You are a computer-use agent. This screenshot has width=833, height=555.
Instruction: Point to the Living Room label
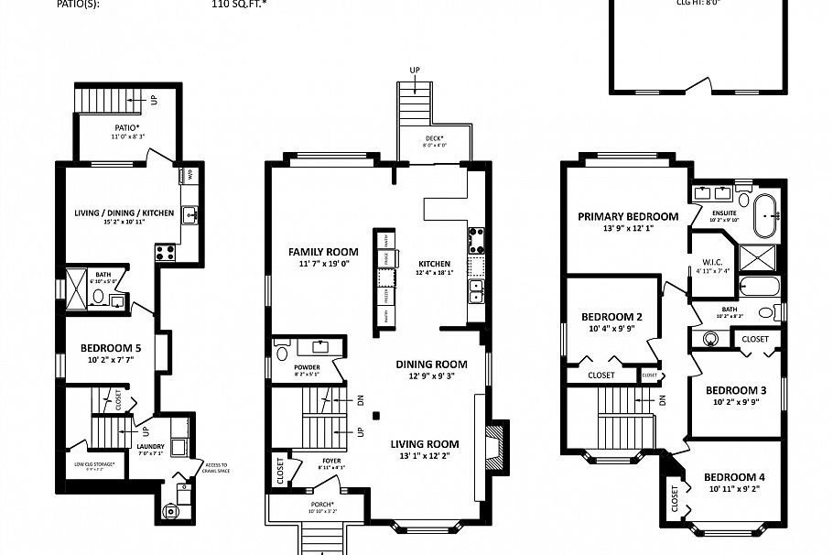click(429, 444)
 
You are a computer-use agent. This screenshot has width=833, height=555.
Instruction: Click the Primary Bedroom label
click(628, 217)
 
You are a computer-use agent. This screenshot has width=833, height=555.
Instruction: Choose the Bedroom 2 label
click(611, 317)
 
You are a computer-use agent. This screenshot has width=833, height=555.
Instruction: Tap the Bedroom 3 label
click(736, 390)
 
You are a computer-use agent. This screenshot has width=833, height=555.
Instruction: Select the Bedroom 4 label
click(735, 477)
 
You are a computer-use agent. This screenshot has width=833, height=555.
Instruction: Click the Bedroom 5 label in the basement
click(111, 348)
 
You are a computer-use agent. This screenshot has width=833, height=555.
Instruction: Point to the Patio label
click(127, 127)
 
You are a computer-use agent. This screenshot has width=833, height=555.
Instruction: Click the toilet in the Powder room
click(282, 352)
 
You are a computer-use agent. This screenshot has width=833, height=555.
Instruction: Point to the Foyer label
click(330, 461)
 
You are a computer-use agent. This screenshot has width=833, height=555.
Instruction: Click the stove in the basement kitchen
click(166, 249)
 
